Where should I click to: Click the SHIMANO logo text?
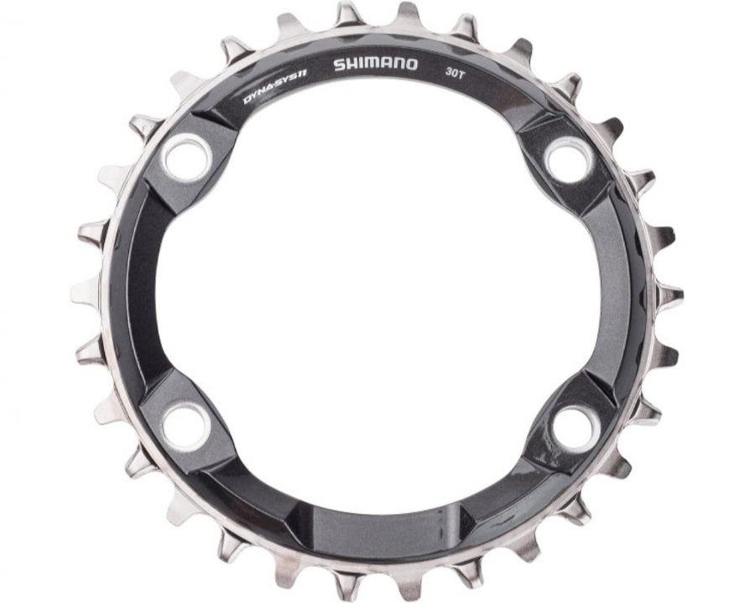[376, 65]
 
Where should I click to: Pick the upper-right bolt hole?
[570, 159]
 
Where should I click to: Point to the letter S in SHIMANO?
[339, 65]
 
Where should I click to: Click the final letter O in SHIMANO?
[412, 65]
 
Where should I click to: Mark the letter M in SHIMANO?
[370, 65]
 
